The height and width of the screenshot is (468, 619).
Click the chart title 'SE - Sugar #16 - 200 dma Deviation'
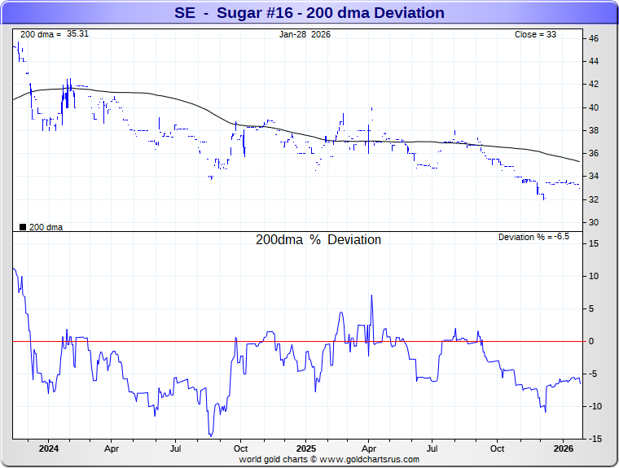point(309,13)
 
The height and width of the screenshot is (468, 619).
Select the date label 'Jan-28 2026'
point(305,34)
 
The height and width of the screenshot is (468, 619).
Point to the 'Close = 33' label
point(535,34)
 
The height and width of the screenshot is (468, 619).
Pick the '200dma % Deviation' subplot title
point(318,240)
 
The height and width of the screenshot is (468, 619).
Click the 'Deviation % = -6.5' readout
point(533,237)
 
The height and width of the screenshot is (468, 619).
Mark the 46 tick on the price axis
point(594,38)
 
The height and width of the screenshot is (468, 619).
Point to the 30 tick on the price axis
point(594,222)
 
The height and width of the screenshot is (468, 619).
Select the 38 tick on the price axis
point(594,130)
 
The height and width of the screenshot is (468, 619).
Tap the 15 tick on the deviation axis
point(594,243)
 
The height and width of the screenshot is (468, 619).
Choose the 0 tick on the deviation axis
point(592,341)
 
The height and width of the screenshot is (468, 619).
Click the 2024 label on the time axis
point(48,448)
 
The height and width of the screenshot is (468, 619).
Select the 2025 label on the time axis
point(305,448)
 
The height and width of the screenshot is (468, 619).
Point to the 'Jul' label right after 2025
point(433,448)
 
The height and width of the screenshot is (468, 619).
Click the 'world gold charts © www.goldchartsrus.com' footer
point(329,459)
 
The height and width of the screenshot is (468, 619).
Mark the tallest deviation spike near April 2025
point(371,295)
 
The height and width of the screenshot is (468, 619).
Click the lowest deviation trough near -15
point(210,435)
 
